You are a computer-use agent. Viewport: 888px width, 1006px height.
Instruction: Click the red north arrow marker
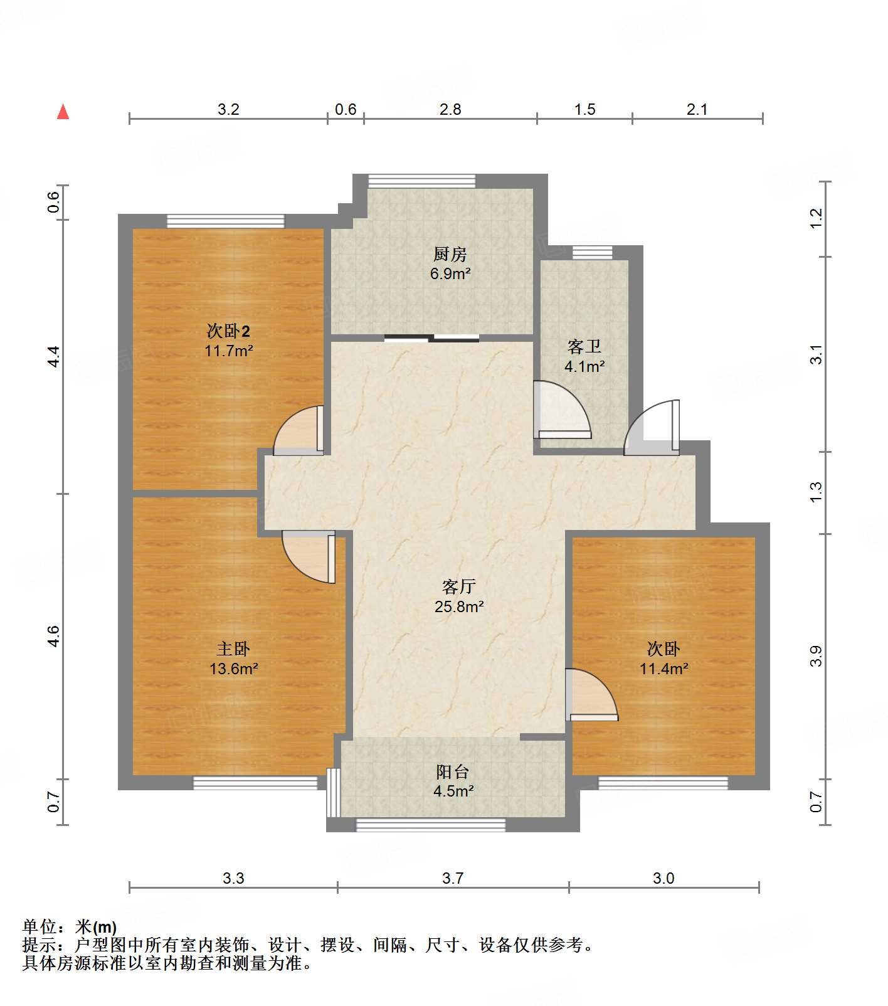[x=63, y=112]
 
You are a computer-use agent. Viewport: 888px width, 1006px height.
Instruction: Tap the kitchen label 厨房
[x=450, y=254]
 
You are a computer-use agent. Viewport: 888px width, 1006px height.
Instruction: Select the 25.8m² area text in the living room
[x=458, y=606]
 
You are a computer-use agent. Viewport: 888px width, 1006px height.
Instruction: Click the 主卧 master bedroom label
[x=233, y=649]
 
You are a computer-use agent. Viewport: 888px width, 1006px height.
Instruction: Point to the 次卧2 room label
[x=228, y=331]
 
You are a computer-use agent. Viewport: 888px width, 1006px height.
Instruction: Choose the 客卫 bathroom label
[x=584, y=346]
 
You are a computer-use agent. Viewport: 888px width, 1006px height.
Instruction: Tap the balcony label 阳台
[x=452, y=772]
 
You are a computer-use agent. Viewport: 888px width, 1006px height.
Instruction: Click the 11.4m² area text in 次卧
[x=663, y=669]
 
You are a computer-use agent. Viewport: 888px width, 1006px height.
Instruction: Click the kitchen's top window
[x=421, y=181]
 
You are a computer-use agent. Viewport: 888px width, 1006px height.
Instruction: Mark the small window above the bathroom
[x=592, y=253]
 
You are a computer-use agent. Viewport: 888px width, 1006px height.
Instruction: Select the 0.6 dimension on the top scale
[x=345, y=110]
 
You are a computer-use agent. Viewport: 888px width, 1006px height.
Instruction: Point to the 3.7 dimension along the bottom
[x=452, y=878]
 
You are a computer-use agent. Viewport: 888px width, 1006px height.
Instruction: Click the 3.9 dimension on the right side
[x=815, y=656]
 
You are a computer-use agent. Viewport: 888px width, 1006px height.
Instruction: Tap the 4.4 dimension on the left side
[x=55, y=356]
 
